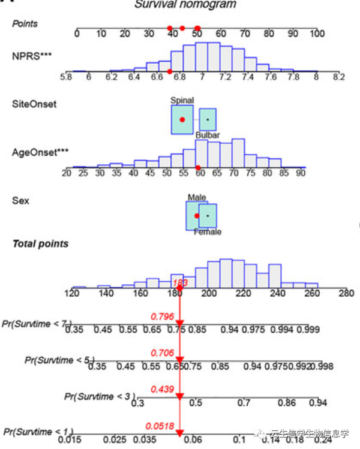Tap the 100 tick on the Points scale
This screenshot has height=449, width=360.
pos(317,34)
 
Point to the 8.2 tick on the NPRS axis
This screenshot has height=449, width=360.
pos(339,77)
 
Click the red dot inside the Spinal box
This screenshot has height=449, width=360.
pos(182,120)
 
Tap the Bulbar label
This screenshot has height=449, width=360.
pos(208,136)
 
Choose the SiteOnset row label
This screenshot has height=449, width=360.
pos(34,104)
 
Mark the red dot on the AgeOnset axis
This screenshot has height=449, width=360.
pos(198,168)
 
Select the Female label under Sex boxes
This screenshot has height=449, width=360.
pos(207,232)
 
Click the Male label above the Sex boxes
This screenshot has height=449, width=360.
pos(196,197)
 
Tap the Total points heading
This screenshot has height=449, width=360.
pos(40,243)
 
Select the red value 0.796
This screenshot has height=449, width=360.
pos(162,315)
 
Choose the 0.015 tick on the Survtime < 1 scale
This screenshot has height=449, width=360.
pos(70,440)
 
